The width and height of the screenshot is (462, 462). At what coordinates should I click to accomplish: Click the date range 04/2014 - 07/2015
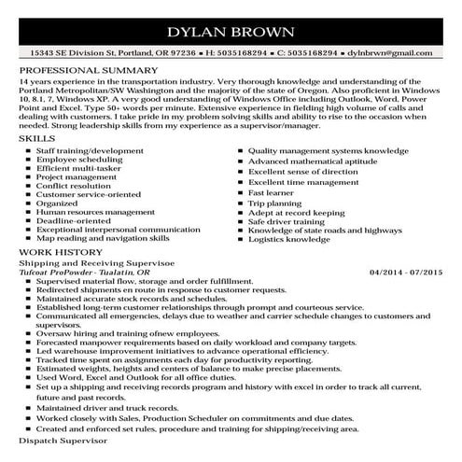[405, 272]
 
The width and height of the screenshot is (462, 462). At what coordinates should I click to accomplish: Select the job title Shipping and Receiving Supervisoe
[80, 262]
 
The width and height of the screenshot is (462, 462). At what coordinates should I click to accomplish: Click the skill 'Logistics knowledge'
[289, 238]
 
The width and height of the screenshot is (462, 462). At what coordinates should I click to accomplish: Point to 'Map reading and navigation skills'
[98, 238]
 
